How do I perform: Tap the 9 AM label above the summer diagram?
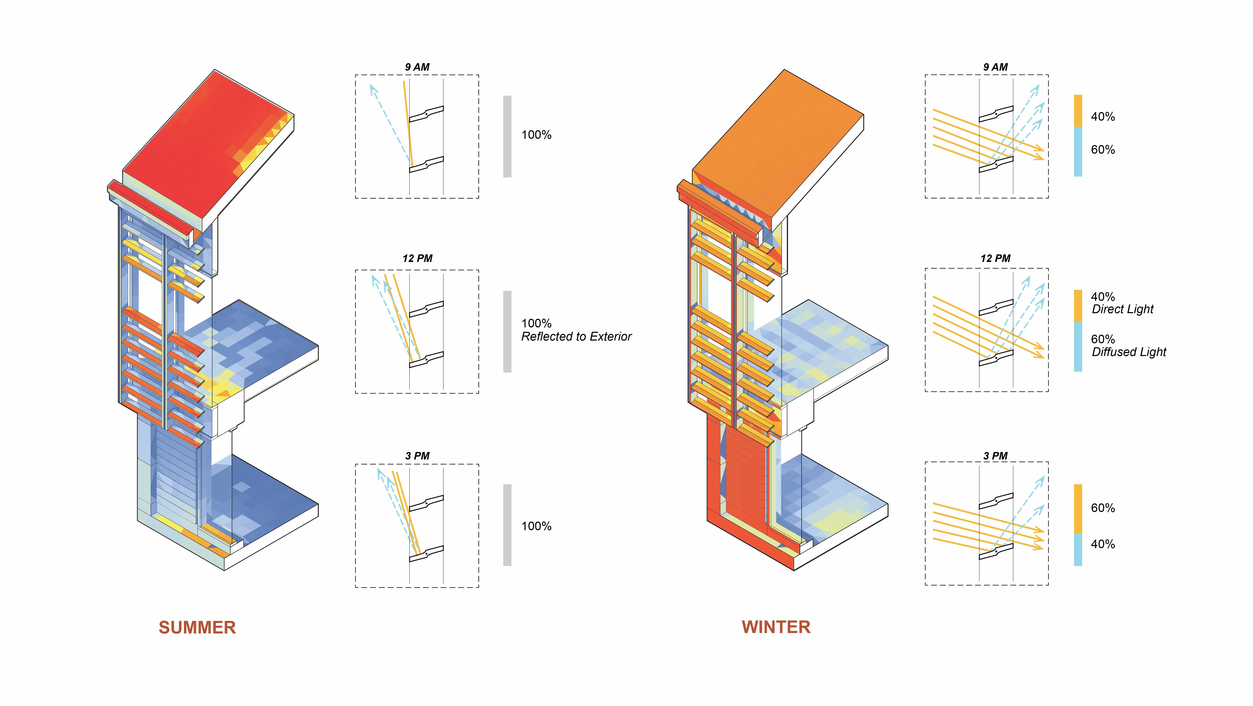[x=417, y=67]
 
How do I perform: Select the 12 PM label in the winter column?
[x=995, y=259]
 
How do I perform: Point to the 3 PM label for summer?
[x=417, y=456]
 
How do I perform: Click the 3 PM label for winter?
[x=995, y=456]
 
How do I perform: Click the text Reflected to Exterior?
[x=576, y=336]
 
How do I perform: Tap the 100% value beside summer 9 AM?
[x=536, y=135]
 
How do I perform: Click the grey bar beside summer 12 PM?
[x=507, y=332]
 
